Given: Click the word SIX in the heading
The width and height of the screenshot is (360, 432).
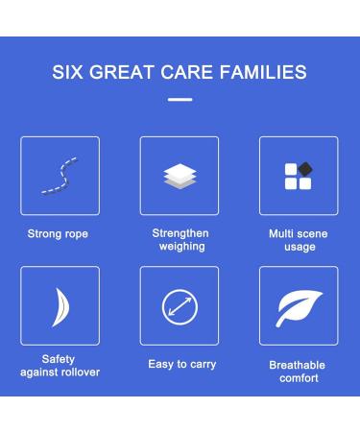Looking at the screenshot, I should [67, 72].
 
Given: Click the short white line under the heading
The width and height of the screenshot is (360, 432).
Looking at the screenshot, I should [180, 99].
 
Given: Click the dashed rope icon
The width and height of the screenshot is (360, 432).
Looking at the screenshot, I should [60, 176].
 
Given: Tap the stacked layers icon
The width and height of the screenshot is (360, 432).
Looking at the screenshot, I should [180, 176].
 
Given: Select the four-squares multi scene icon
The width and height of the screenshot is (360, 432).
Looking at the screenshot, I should [299, 176].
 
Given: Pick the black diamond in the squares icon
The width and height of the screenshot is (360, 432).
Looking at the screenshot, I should [305, 169].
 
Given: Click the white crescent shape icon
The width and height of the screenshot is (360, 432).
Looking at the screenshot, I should [60, 306].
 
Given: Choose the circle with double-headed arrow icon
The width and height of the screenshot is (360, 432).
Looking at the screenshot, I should [180, 306].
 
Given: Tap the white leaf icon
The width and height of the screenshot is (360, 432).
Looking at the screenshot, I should [299, 306].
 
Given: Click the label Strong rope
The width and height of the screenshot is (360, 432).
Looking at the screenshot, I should [58, 234].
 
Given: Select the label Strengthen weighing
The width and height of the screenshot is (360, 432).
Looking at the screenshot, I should [180, 240].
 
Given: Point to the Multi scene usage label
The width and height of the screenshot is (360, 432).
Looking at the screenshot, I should [298, 240].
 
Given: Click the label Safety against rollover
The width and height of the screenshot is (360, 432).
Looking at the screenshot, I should [59, 366].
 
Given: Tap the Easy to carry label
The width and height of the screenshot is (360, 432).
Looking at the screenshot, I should [182, 365].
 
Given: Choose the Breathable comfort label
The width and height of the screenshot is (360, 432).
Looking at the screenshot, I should [298, 372].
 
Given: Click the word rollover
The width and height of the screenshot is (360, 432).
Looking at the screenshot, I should [76, 372].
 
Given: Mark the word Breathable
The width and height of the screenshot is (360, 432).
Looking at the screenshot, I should [298, 366].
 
